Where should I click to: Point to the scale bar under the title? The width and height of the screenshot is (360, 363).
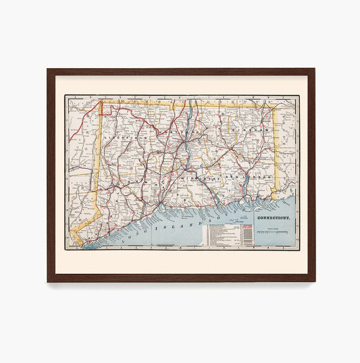tap(272, 233)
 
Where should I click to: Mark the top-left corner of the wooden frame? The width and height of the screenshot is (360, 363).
tap(48, 69)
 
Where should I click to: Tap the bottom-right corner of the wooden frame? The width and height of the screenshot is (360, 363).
tap(313, 281)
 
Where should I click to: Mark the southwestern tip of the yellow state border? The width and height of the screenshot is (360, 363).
tap(79, 244)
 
